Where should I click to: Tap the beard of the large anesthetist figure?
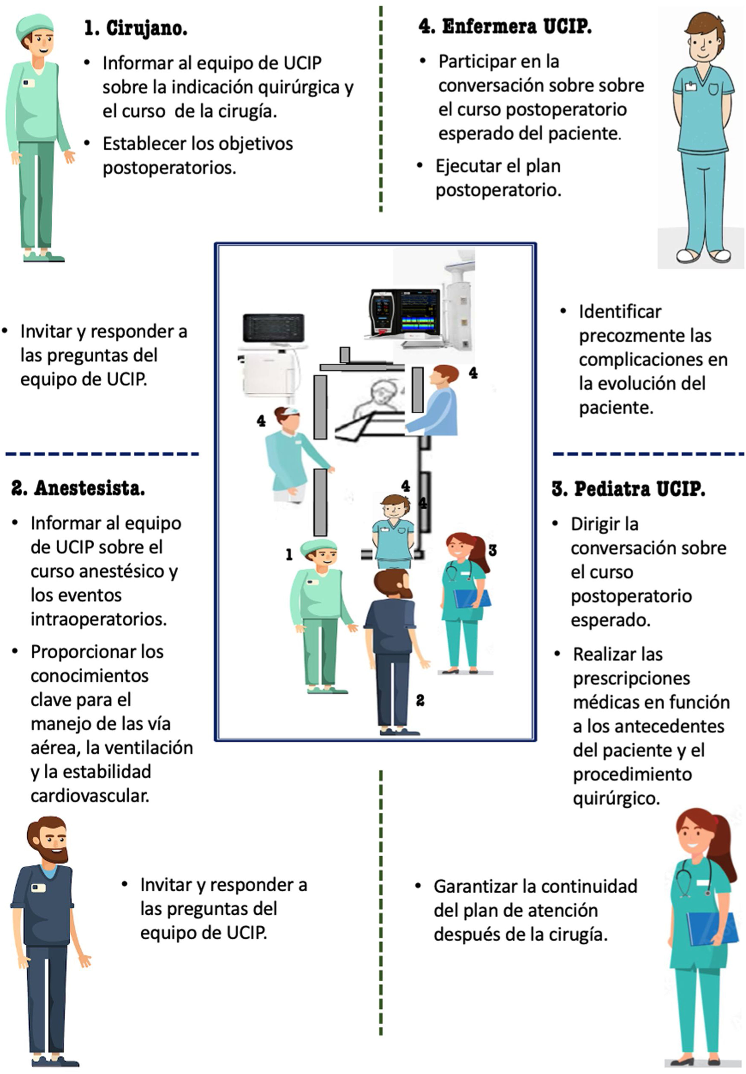click(52, 853)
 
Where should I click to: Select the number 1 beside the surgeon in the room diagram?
click(289, 555)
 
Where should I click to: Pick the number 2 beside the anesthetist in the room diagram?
click(420, 700)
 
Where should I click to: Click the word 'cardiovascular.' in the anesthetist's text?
click(90, 795)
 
